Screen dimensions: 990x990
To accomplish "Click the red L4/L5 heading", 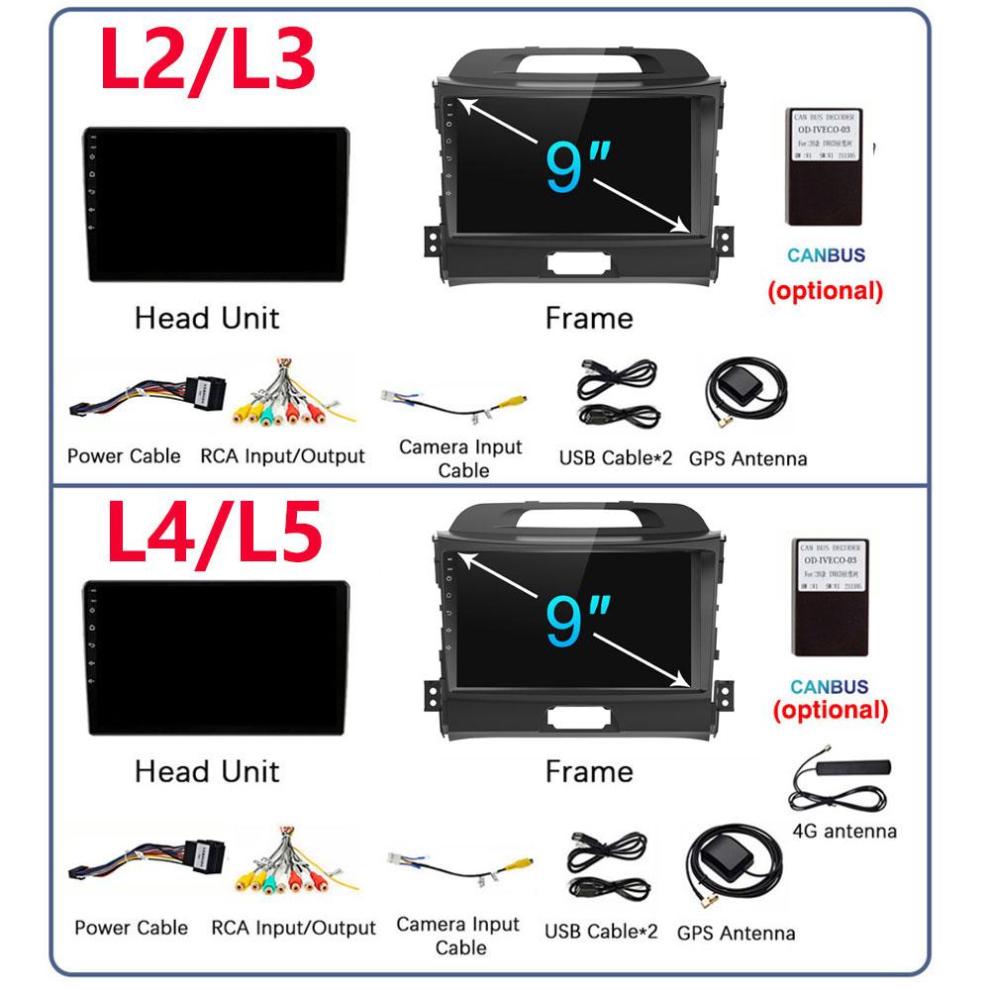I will click(213, 535).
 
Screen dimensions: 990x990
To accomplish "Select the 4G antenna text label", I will click(844, 831).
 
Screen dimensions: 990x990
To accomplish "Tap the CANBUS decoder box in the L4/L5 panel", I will click(829, 598).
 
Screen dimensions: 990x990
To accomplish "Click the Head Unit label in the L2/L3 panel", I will click(206, 318).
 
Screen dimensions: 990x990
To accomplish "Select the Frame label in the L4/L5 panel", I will click(588, 771).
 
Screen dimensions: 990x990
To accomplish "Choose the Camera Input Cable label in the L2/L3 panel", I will click(460, 458).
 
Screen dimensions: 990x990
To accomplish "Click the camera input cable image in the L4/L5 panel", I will click(460, 869).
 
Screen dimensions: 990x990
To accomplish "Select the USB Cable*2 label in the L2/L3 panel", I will click(615, 457).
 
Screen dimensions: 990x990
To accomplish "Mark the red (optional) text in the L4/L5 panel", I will click(830, 710).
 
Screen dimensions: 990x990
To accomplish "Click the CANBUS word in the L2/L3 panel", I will click(826, 255).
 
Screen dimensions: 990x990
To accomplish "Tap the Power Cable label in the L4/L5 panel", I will click(131, 928).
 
